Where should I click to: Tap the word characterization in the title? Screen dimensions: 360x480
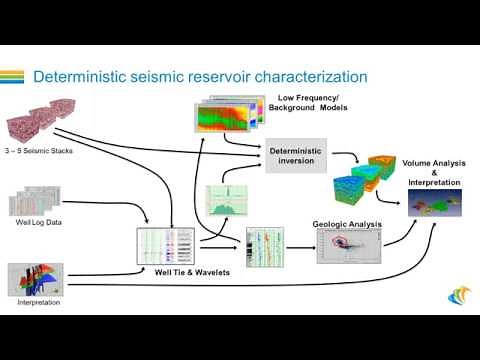click(x=306, y=77)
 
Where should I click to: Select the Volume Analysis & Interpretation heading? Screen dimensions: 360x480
click(x=431, y=172)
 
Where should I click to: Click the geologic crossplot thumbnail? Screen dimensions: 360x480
click(x=348, y=248)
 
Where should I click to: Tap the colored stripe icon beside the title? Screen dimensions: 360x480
click(x=12, y=77)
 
